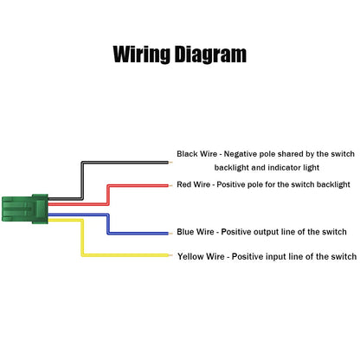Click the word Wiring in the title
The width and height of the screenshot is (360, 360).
click(x=141, y=55)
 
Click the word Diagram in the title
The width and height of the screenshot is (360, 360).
click(x=211, y=55)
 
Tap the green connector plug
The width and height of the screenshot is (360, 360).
click(x=25, y=209)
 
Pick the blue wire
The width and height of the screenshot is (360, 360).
click(x=108, y=223)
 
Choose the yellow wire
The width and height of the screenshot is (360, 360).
click(x=82, y=237)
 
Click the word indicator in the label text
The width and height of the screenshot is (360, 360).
click(x=286, y=168)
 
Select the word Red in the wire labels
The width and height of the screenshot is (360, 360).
click(x=183, y=184)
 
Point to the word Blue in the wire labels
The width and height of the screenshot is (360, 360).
click(x=184, y=232)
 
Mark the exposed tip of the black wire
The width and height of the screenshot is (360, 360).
click(x=170, y=163)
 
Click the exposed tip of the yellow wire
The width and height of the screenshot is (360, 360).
click(x=170, y=255)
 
